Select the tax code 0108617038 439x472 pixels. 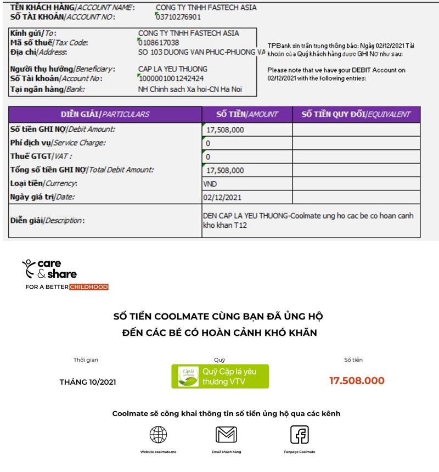(x=159, y=43)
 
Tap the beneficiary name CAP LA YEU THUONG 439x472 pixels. (x=173, y=69)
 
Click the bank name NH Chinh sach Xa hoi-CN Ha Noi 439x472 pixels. (x=189, y=89)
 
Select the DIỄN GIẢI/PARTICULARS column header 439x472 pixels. (x=105, y=114)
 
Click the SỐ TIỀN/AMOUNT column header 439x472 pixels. (x=247, y=114)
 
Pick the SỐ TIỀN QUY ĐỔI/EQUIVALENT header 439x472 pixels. (x=356, y=114)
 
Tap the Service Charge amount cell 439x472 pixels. (x=247, y=143)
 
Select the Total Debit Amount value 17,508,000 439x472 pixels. (x=225, y=170)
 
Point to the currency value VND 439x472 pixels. (x=210, y=184)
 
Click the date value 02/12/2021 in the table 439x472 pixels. (x=222, y=197)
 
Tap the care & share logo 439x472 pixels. (x=49, y=268)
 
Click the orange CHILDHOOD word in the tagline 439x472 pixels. (x=89, y=287)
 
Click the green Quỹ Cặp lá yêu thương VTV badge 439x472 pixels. (x=220, y=377)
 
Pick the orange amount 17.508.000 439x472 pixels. (x=357, y=380)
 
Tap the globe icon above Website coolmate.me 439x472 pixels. (x=159, y=435)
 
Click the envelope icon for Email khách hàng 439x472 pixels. (x=226, y=435)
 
